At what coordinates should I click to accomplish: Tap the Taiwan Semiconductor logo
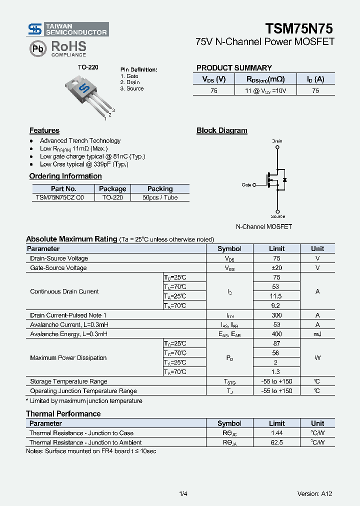point(68,29)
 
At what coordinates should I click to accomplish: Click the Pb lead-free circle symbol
point(37,48)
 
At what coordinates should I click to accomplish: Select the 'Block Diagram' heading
point(221,130)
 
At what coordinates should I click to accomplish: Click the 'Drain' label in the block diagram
point(277,141)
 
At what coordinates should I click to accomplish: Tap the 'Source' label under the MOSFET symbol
point(278,216)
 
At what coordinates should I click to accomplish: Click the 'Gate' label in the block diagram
point(246,185)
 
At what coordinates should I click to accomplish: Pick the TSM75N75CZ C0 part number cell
point(60,197)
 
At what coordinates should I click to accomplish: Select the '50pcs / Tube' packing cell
point(160,197)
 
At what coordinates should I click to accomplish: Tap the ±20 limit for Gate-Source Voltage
point(276,268)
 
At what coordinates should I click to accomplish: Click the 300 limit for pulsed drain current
point(276,315)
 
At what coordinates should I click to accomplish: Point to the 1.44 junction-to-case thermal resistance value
point(276,433)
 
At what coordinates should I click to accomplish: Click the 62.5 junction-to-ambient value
point(276,442)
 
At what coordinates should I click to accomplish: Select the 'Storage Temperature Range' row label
point(68,381)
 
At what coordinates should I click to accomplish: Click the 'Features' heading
point(44,130)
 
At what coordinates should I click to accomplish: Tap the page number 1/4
point(183,494)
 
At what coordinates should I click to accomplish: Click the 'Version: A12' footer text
point(314,494)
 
